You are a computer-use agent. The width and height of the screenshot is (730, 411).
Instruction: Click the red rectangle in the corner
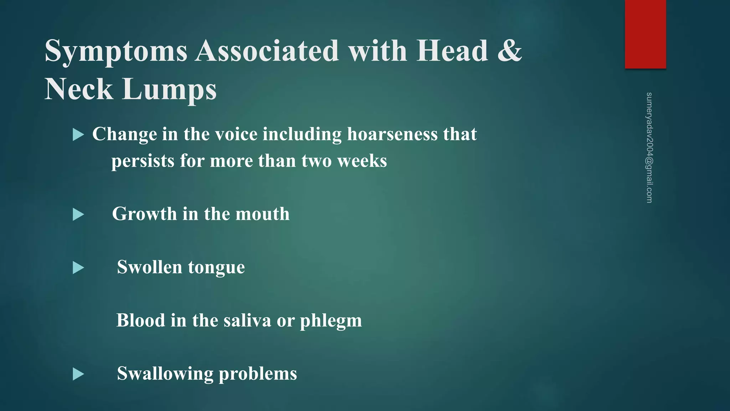[645, 34]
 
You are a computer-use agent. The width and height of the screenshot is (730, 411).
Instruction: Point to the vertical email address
[649, 148]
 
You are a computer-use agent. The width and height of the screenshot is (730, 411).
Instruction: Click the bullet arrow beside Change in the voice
[78, 135]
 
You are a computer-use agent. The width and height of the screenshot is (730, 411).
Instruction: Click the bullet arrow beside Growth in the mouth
[78, 214]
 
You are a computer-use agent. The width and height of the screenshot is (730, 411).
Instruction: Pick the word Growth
[144, 214]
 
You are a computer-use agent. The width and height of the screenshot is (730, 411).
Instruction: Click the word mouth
[262, 214]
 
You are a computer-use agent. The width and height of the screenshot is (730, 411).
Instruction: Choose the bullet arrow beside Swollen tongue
[78, 268]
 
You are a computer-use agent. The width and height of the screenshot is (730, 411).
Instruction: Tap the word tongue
[216, 268]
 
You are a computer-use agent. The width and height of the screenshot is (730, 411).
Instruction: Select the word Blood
[140, 320]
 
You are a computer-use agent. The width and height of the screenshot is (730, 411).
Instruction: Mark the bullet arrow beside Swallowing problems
[78, 374]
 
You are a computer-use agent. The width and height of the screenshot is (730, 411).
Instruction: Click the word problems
[258, 374]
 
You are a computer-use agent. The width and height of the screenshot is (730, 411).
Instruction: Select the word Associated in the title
[267, 51]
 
